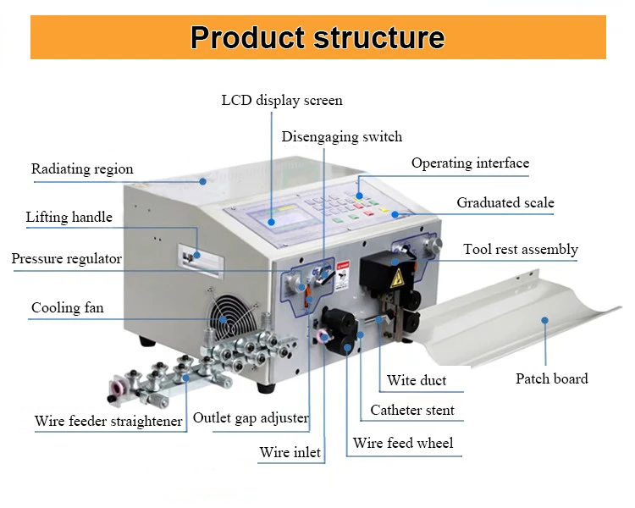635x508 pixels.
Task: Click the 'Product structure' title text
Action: click(x=317, y=37)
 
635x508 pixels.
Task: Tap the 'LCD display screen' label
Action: click(x=282, y=100)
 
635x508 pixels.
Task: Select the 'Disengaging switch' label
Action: click(x=342, y=137)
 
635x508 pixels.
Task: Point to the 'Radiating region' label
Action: click(x=82, y=169)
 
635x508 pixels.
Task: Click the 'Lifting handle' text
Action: click(x=69, y=217)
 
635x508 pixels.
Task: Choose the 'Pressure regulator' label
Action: click(x=66, y=258)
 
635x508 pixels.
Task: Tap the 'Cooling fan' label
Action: click(x=68, y=307)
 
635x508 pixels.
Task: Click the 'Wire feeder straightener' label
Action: click(x=108, y=421)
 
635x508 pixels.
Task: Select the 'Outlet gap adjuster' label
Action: click(x=251, y=417)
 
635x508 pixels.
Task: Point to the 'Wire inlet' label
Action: click(x=290, y=452)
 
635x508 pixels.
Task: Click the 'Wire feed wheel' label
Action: click(x=403, y=443)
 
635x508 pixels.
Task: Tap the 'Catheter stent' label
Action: click(x=412, y=410)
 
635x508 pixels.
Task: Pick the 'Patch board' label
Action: click(x=551, y=378)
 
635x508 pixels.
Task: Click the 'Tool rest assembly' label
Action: click(x=521, y=250)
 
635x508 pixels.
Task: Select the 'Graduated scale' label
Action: click(x=505, y=202)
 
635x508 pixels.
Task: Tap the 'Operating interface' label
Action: click(x=470, y=163)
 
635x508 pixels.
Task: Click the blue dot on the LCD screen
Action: click(x=271, y=222)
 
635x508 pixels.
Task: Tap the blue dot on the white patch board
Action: click(x=544, y=320)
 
